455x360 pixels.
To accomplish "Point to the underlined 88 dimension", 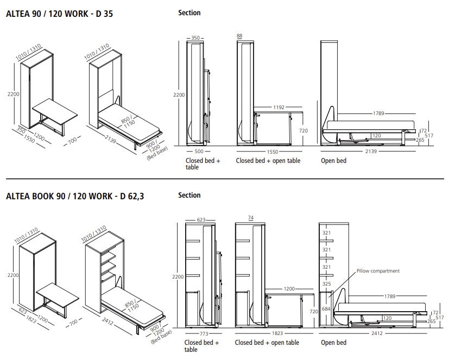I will pyautogui.click(x=239, y=36).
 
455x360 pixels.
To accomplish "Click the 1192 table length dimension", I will pyautogui.click(x=279, y=108).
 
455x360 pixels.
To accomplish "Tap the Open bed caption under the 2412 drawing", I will pyautogui.click(x=333, y=343).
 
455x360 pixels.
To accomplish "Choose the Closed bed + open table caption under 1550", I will pyautogui.click(x=268, y=161).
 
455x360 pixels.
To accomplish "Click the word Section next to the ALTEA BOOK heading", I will pyautogui.click(x=189, y=195).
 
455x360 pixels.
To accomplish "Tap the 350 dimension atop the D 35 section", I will pyautogui.click(x=195, y=39).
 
